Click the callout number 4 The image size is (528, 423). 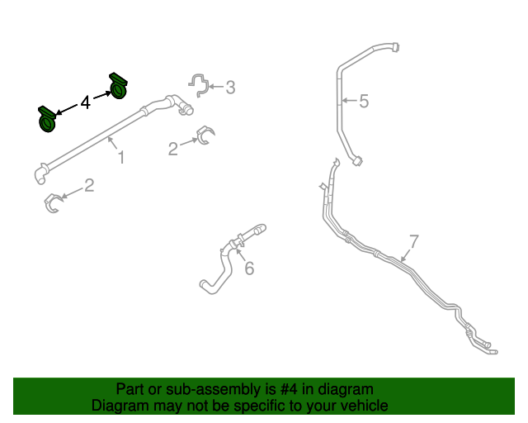click(86, 102)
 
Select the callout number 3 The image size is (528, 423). click(230, 88)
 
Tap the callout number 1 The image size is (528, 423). click(121, 158)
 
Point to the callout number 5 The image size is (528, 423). click(364, 101)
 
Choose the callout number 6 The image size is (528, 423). click(249, 269)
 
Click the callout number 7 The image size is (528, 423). click(414, 241)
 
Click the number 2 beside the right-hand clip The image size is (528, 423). click(173, 149)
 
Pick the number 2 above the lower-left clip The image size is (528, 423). click(89, 185)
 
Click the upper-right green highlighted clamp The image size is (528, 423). click(118, 86)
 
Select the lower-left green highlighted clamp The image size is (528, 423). click(47, 119)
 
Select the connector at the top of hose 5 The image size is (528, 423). click(395, 47)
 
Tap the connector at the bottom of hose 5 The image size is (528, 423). click(357, 161)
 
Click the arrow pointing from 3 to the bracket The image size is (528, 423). click(216, 87)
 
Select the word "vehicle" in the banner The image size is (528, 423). click(368, 406)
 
